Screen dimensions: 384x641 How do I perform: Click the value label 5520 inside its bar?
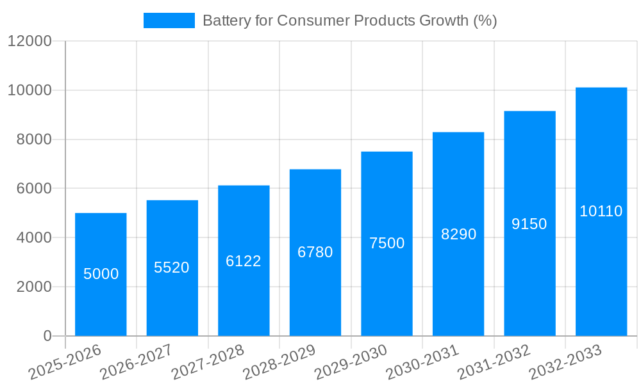tap(172, 268)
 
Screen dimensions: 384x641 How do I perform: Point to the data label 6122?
tap(244, 261)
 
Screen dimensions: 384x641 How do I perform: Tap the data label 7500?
tap(387, 243)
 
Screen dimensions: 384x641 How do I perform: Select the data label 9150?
tap(529, 224)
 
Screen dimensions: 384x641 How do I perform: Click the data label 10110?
tap(601, 211)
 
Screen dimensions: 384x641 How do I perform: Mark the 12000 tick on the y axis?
tap(29, 42)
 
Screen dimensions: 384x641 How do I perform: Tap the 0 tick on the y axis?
tap(47, 336)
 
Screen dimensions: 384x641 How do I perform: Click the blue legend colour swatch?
tap(169, 20)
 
